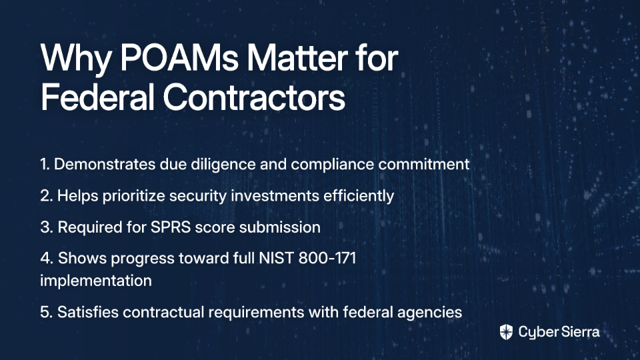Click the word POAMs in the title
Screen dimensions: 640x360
point(179,57)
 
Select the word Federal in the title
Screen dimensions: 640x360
point(97,97)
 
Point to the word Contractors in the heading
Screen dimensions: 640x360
point(254,97)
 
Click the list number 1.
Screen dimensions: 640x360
point(45,165)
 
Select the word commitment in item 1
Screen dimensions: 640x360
point(424,165)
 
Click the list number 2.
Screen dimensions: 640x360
point(46,196)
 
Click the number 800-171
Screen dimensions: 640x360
point(327,259)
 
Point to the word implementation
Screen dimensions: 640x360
point(96,281)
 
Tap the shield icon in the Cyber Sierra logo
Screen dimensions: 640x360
point(506,332)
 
